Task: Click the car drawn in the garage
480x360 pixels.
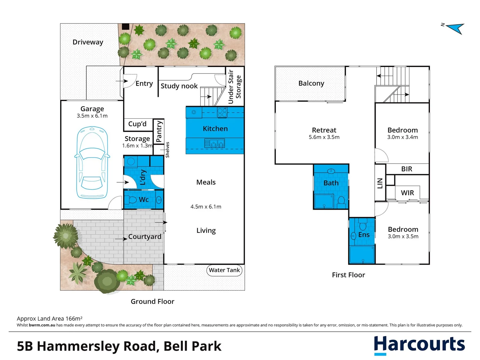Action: (x=92, y=163)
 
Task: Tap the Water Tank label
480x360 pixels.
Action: (x=224, y=270)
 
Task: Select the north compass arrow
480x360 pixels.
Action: (x=455, y=28)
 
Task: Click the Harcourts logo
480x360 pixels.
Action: (x=419, y=345)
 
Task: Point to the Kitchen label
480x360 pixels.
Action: (x=215, y=129)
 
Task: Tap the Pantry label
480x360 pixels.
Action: (x=159, y=131)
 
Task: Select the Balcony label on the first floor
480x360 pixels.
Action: (x=311, y=83)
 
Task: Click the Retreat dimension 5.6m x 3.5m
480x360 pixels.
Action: (x=324, y=137)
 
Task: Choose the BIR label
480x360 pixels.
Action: (x=407, y=169)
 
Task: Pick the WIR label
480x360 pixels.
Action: (x=407, y=193)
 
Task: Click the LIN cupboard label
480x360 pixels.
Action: (x=380, y=183)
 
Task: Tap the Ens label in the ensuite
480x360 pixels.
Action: (x=364, y=235)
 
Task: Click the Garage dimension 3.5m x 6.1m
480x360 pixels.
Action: (x=92, y=116)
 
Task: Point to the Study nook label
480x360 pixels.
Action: (x=179, y=86)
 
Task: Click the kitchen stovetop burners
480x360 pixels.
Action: (x=222, y=113)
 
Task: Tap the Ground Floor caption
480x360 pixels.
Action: (x=152, y=301)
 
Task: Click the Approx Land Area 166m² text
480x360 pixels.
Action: (x=50, y=319)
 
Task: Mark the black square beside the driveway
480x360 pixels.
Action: (x=125, y=27)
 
